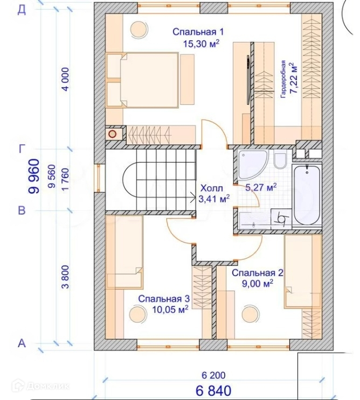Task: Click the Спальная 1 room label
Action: [198, 32]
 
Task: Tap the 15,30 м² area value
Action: [201, 44]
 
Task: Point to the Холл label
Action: [212, 188]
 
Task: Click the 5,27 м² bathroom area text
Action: [261, 187]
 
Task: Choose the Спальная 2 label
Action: [258, 273]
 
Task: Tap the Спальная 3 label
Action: [164, 299]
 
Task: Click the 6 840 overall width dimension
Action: [213, 390]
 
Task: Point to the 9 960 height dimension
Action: [34, 176]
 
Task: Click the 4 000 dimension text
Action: [65, 79]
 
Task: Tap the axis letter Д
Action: [22, 10]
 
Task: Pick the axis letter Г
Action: [22, 149]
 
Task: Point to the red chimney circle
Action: [112, 134]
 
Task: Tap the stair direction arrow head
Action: [193, 197]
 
